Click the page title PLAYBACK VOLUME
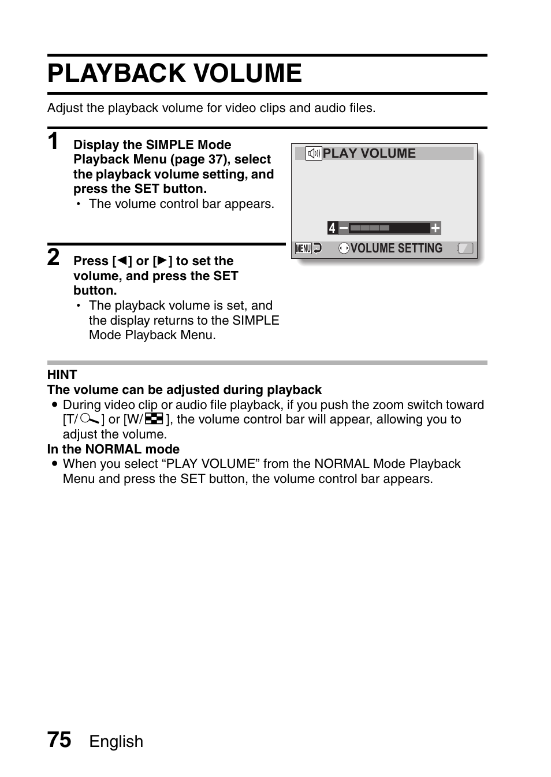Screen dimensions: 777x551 tap(174, 73)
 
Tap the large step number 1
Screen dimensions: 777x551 tap(53, 140)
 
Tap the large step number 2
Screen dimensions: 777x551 tap(53, 257)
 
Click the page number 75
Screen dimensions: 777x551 tap(59, 740)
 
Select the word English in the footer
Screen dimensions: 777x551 tap(116, 741)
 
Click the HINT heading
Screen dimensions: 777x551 tap(62, 374)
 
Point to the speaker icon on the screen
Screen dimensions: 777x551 tap(314, 154)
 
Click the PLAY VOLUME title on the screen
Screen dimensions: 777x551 tap(369, 154)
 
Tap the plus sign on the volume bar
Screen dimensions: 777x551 tap(435, 228)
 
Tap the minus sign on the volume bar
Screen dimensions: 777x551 tap(343, 228)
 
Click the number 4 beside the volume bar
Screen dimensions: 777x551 tap(332, 228)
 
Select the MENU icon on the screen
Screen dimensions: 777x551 tap(303, 248)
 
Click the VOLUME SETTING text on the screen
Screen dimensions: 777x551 tap(396, 248)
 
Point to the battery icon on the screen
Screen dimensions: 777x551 tap(465, 248)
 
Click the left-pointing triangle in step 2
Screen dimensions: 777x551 tap(122, 261)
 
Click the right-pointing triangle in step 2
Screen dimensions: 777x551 tap(162, 261)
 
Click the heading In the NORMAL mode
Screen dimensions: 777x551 tap(113, 449)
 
